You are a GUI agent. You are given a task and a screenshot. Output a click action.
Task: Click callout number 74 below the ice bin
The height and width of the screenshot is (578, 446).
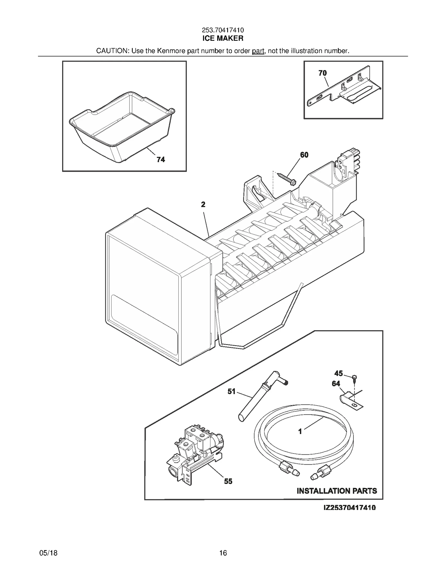[161, 159]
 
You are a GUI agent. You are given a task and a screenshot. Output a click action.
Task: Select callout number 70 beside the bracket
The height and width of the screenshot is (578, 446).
[323, 73]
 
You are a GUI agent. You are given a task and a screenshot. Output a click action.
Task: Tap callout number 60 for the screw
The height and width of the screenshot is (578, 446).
[304, 155]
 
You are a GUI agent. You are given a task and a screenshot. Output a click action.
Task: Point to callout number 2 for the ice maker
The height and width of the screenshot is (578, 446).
[203, 205]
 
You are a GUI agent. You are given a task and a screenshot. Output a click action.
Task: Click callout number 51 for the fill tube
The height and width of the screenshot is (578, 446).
[231, 392]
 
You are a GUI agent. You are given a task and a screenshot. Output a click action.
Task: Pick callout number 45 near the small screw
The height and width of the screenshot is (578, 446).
[338, 373]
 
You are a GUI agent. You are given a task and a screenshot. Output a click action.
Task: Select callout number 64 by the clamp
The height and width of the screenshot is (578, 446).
[336, 384]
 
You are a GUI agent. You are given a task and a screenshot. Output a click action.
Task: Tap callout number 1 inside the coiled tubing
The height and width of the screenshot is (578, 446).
[300, 431]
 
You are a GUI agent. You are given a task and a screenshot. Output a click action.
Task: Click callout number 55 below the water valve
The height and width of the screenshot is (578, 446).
[228, 481]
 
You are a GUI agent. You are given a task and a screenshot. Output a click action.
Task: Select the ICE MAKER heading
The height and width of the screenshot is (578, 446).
[223, 39]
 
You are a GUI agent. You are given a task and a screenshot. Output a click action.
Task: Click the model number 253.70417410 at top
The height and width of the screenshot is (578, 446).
[223, 30]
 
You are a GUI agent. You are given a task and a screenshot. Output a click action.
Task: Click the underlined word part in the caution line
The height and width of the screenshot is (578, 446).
[258, 51]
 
